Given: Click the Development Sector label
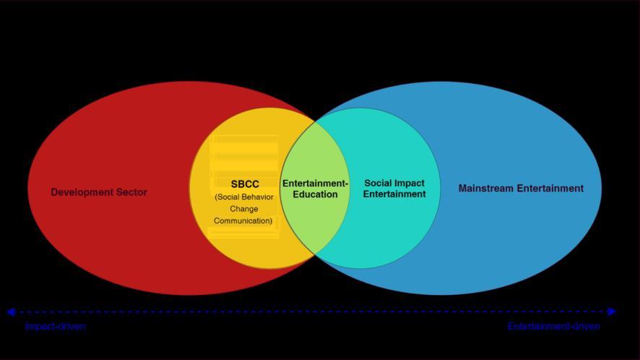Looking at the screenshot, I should (99, 192).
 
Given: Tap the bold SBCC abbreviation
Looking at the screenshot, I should (245, 184).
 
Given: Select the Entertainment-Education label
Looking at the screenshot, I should (315, 189).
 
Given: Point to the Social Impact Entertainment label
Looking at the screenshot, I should (394, 189).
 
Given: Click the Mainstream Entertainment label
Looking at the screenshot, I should (521, 189).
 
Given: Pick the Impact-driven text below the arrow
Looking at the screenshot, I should (55, 327).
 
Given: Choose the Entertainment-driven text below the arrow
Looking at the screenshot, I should (553, 327).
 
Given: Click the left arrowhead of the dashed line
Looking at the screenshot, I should (11, 312).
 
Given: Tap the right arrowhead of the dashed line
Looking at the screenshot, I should (612, 312).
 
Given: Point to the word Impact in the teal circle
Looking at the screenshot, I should (410, 184).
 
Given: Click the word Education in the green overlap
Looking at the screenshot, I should (315, 194).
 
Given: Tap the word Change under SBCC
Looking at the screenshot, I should (244, 209).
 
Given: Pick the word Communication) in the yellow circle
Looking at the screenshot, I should (243, 220).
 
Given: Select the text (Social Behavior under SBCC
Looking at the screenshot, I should (244, 197).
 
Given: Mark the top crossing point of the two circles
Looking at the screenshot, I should (316, 120).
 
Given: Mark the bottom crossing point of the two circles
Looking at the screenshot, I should (316, 255).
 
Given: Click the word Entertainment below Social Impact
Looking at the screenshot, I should (394, 194).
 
